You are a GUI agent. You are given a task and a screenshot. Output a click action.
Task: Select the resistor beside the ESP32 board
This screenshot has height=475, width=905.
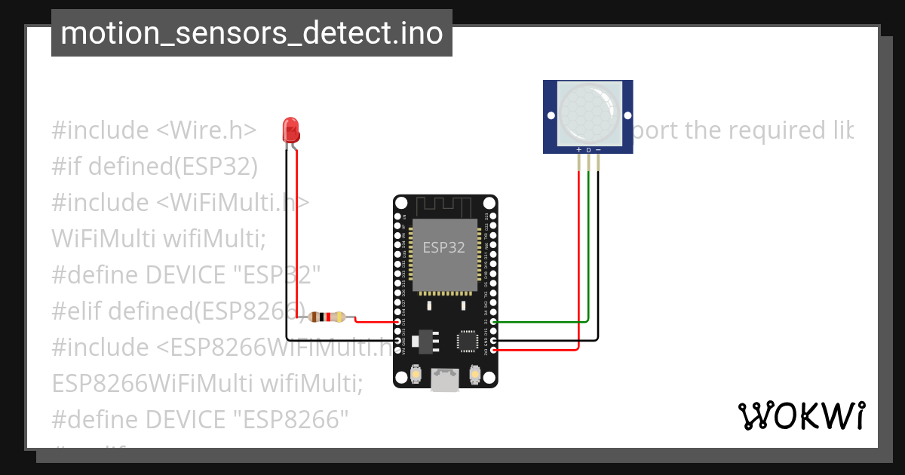[x=327, y=317]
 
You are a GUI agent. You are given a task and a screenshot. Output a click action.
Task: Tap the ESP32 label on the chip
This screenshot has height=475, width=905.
[x=443, y=247]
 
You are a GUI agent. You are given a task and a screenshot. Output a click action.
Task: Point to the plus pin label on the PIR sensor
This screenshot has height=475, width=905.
[x=579, y=150]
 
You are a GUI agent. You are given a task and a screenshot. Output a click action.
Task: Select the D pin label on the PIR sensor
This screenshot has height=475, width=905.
[x=589, y=150]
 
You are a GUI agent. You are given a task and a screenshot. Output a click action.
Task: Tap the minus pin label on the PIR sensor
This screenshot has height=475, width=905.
[x=599, y=150]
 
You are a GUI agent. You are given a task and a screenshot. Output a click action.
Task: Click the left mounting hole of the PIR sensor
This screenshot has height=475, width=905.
[x=551, y=116]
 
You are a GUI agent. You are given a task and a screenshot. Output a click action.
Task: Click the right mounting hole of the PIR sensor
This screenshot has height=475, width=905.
[x=627, y=116]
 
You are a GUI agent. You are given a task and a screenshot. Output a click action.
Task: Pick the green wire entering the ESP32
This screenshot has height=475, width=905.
[x=539, y=322]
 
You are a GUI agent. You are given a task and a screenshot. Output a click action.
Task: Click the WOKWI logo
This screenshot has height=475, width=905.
[x=801, y=415]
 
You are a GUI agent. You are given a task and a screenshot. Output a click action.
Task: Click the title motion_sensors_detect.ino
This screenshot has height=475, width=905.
[x=251, y=33]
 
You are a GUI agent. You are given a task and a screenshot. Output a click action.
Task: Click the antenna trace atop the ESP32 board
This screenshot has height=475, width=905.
[x=445, y=205]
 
